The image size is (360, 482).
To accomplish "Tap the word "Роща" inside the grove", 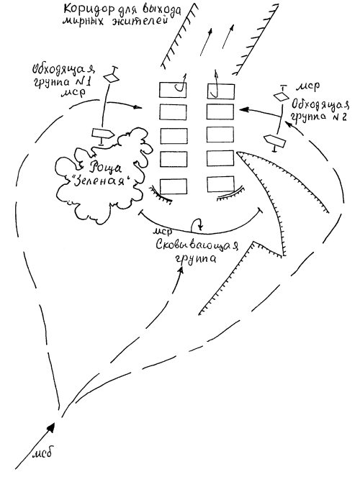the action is coord(102,168).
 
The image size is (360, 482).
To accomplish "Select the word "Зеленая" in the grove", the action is coord(102,181).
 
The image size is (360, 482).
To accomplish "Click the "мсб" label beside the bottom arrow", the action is coord(42,453).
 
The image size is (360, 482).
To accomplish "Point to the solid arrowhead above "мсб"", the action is coord(51,428).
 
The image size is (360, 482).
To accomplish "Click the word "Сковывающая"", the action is coord(197,245).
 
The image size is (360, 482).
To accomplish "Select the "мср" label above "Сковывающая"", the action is coord(163,231).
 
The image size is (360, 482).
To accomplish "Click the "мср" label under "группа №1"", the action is coord(73,93).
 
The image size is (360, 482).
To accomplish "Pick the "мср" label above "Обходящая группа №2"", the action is coord(307,87).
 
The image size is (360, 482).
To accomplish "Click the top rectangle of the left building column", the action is coord(173,90).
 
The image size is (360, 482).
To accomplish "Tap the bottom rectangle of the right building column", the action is coord(220,184).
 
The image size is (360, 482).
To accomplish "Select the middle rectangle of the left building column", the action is coord(174,136).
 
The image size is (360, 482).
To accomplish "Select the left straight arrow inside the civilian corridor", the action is coord(205,42).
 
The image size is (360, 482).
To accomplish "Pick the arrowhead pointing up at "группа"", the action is coord(181,270).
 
